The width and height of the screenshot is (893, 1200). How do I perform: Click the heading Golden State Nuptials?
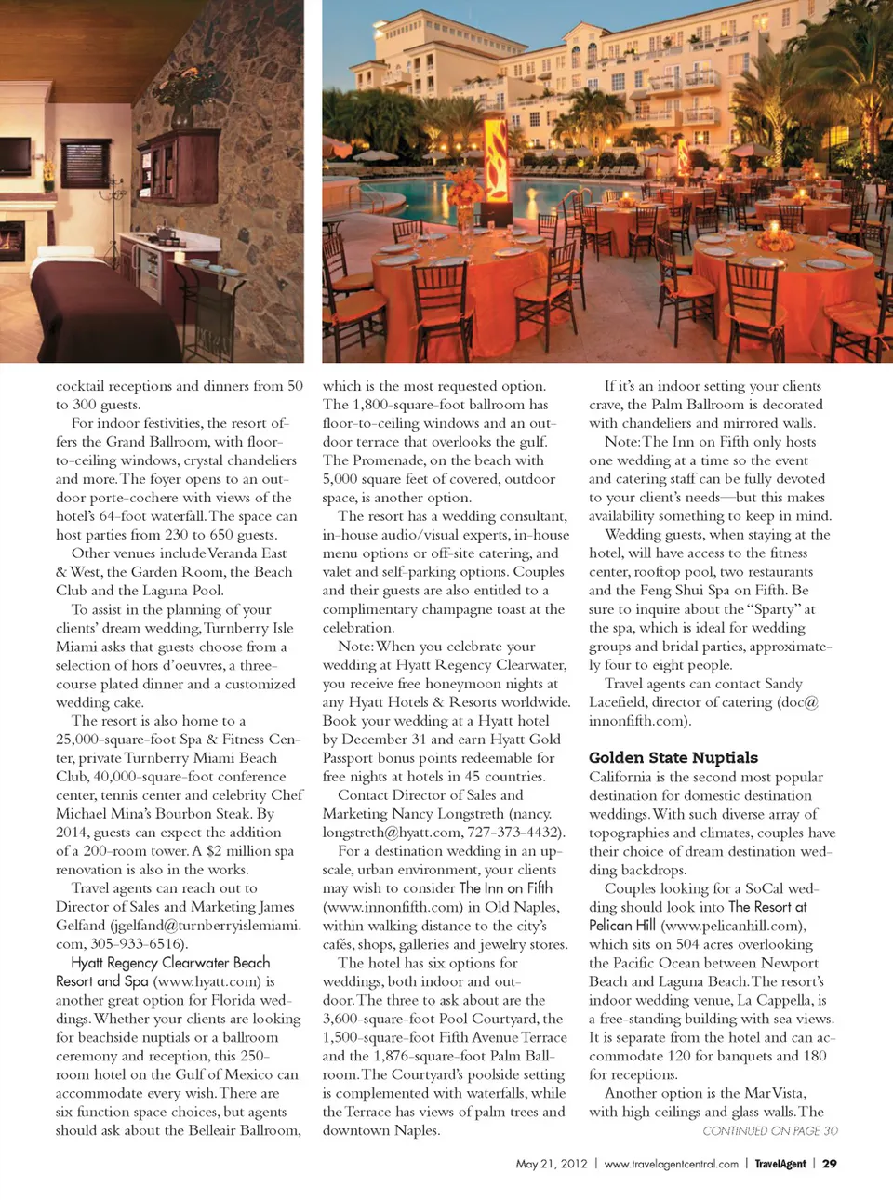tap(673, 757)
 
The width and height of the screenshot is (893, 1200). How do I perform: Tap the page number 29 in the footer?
tap(830, 1164)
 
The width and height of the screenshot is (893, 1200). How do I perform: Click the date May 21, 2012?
tap(552, 1164)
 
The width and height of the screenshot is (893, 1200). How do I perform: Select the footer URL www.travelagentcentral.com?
tap(671, 1164)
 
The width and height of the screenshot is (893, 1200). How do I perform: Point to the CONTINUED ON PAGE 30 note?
tap(769, 1131)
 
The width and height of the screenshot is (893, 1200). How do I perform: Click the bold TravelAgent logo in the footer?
tap(780, 1164)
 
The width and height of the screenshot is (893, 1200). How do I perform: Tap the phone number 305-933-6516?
tap(138, 943)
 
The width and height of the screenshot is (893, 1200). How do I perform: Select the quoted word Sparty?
tap(775, 608)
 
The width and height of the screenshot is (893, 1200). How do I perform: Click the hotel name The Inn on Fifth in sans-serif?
tap(505, 887)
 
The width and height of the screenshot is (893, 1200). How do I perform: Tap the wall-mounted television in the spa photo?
tap(14, 164)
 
